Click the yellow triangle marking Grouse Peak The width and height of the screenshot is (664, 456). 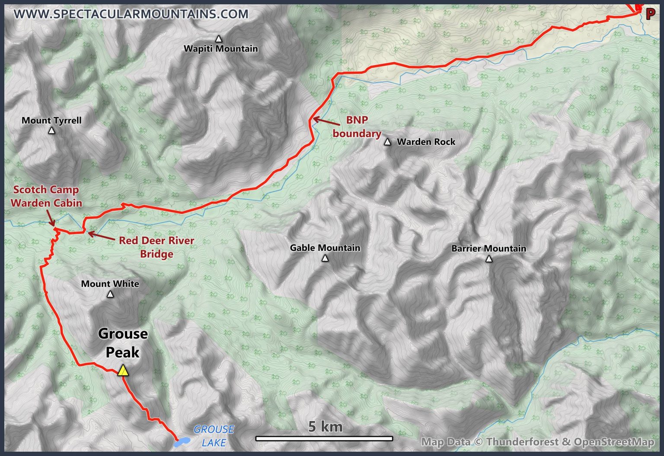pyautogui.click(x=123, y=370)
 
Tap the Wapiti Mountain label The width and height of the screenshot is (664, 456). pyautogui.click(x=220, y=49)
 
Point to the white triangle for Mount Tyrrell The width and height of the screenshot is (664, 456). pyautogui.click(x=51, y=130)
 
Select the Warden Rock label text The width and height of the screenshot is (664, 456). pyautogui.click(x=426, y=142)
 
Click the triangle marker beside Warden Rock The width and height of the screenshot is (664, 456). pyautogui.click(x=387, y=142)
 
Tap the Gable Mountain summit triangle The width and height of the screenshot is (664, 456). pyautogui.click(x=325, y=258)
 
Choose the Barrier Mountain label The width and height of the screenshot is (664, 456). pyautogui.click(x=488, y=248)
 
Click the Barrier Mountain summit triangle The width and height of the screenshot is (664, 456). pyautogui.click(x=489, y=259)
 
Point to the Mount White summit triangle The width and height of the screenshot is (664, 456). pyautogui.click(x=110, y=294)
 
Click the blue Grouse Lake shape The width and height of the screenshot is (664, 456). pyautogui.click(x=182, y=442)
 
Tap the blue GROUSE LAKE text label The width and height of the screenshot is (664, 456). pyautogui.click(x=214, y=436)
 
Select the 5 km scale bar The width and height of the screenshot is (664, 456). pyautogui.click(x=324, y=439)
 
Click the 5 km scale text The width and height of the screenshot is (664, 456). pyautogui.click(x=325, y=427)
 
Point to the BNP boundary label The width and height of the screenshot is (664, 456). pyautogui.click(x=357, y=127)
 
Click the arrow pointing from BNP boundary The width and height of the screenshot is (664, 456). pyautogui.click(x=326, y=122)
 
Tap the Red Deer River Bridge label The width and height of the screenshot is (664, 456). pyautogui.click(x=156, y=247)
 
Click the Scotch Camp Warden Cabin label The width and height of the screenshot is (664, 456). pyautogui.click(x=46, y=196)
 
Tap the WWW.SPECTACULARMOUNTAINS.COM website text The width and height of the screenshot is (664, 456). pyautogui.click(x=131, y=14)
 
